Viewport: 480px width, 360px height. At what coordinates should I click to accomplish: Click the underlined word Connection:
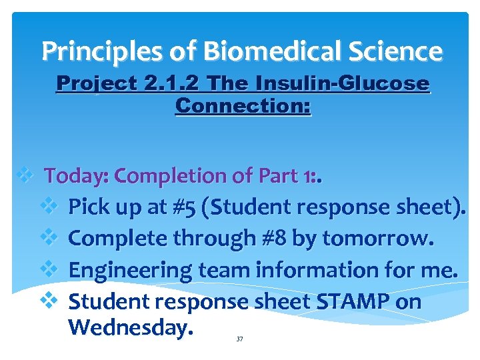click(x=243, y=105)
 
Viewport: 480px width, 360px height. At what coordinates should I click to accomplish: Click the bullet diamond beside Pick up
click(x=51, y=207)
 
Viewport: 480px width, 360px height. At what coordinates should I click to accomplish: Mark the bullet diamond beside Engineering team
click(x=51, y=269)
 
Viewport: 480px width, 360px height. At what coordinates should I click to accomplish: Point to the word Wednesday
click(x=131, y=327)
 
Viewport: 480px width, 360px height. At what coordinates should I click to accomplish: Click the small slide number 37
click(x=240, y=339)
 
